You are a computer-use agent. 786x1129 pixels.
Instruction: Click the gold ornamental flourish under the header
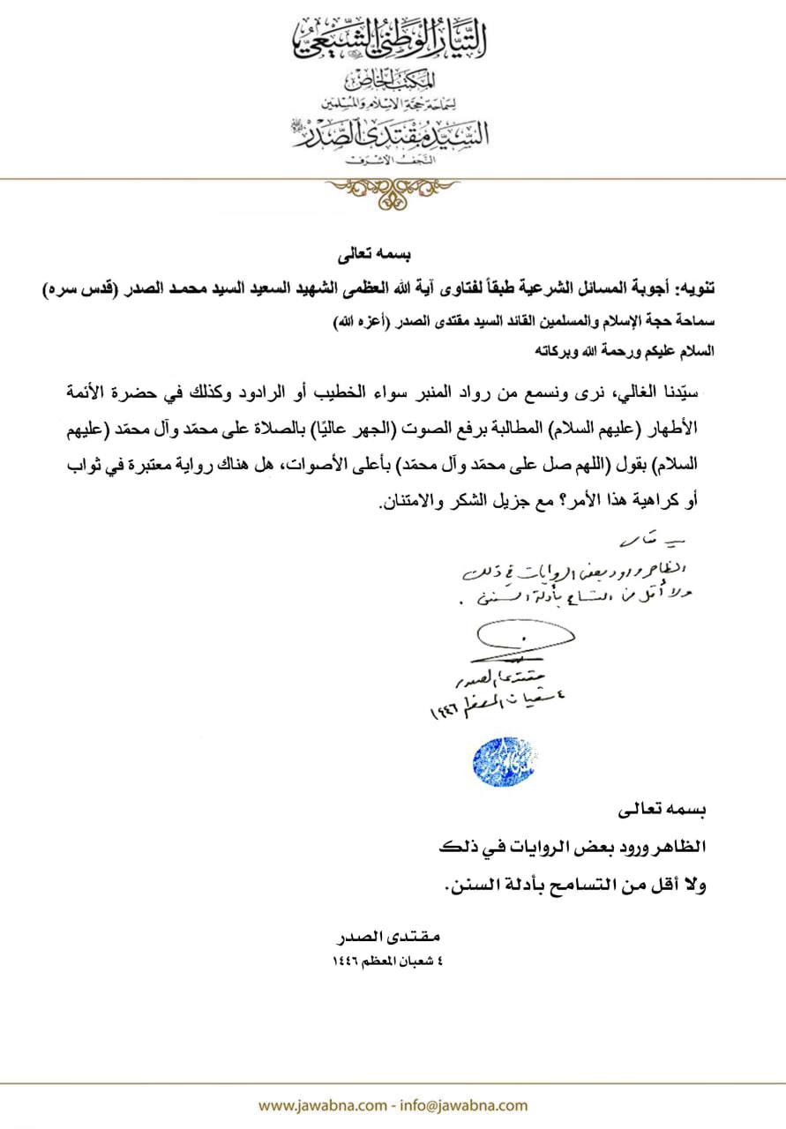tap(393, 189)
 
